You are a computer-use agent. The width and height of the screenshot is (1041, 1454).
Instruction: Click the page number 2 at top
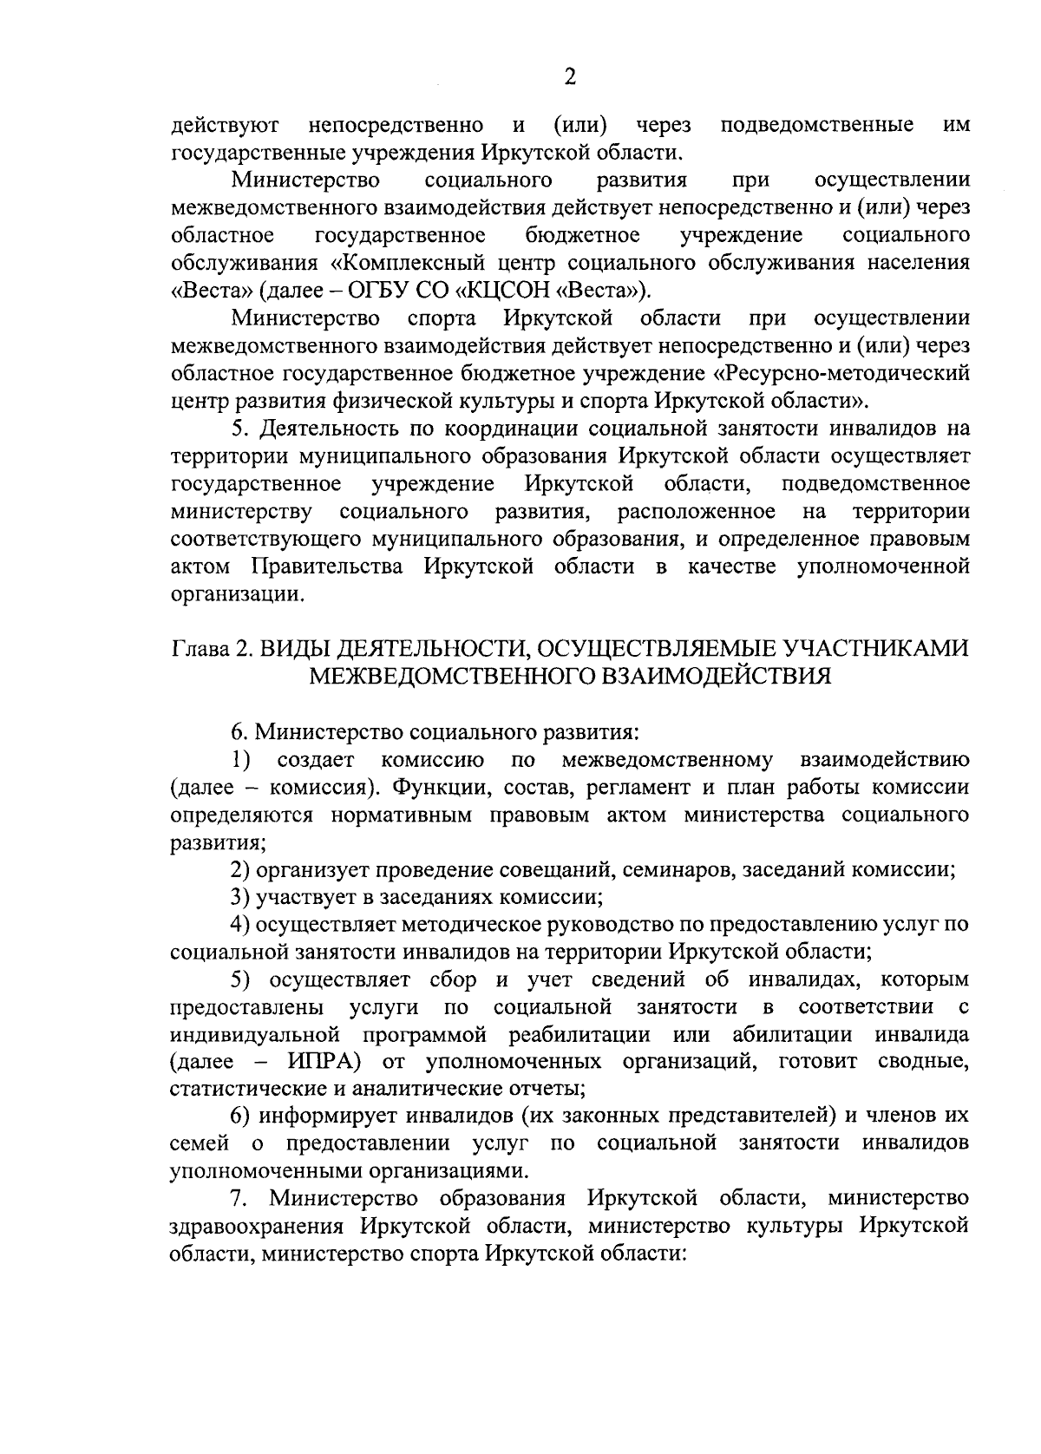click(569, 78)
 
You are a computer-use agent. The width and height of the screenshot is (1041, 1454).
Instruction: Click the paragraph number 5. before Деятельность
click(241, 429)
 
